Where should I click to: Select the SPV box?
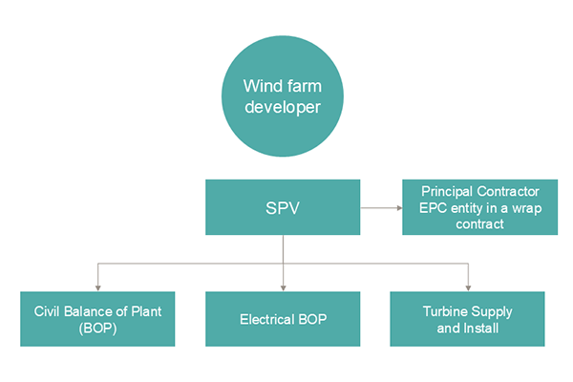[x=284, y=207]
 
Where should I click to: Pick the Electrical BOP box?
[x=284, y=319]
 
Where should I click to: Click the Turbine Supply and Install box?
[x=467, y=319]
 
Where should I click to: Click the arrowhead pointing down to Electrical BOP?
[x=284, y=287]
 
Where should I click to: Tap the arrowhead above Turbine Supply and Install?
[x=467, y=287]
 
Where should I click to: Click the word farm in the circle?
[x=305, y=85]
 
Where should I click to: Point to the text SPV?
[x=284, y=207]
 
